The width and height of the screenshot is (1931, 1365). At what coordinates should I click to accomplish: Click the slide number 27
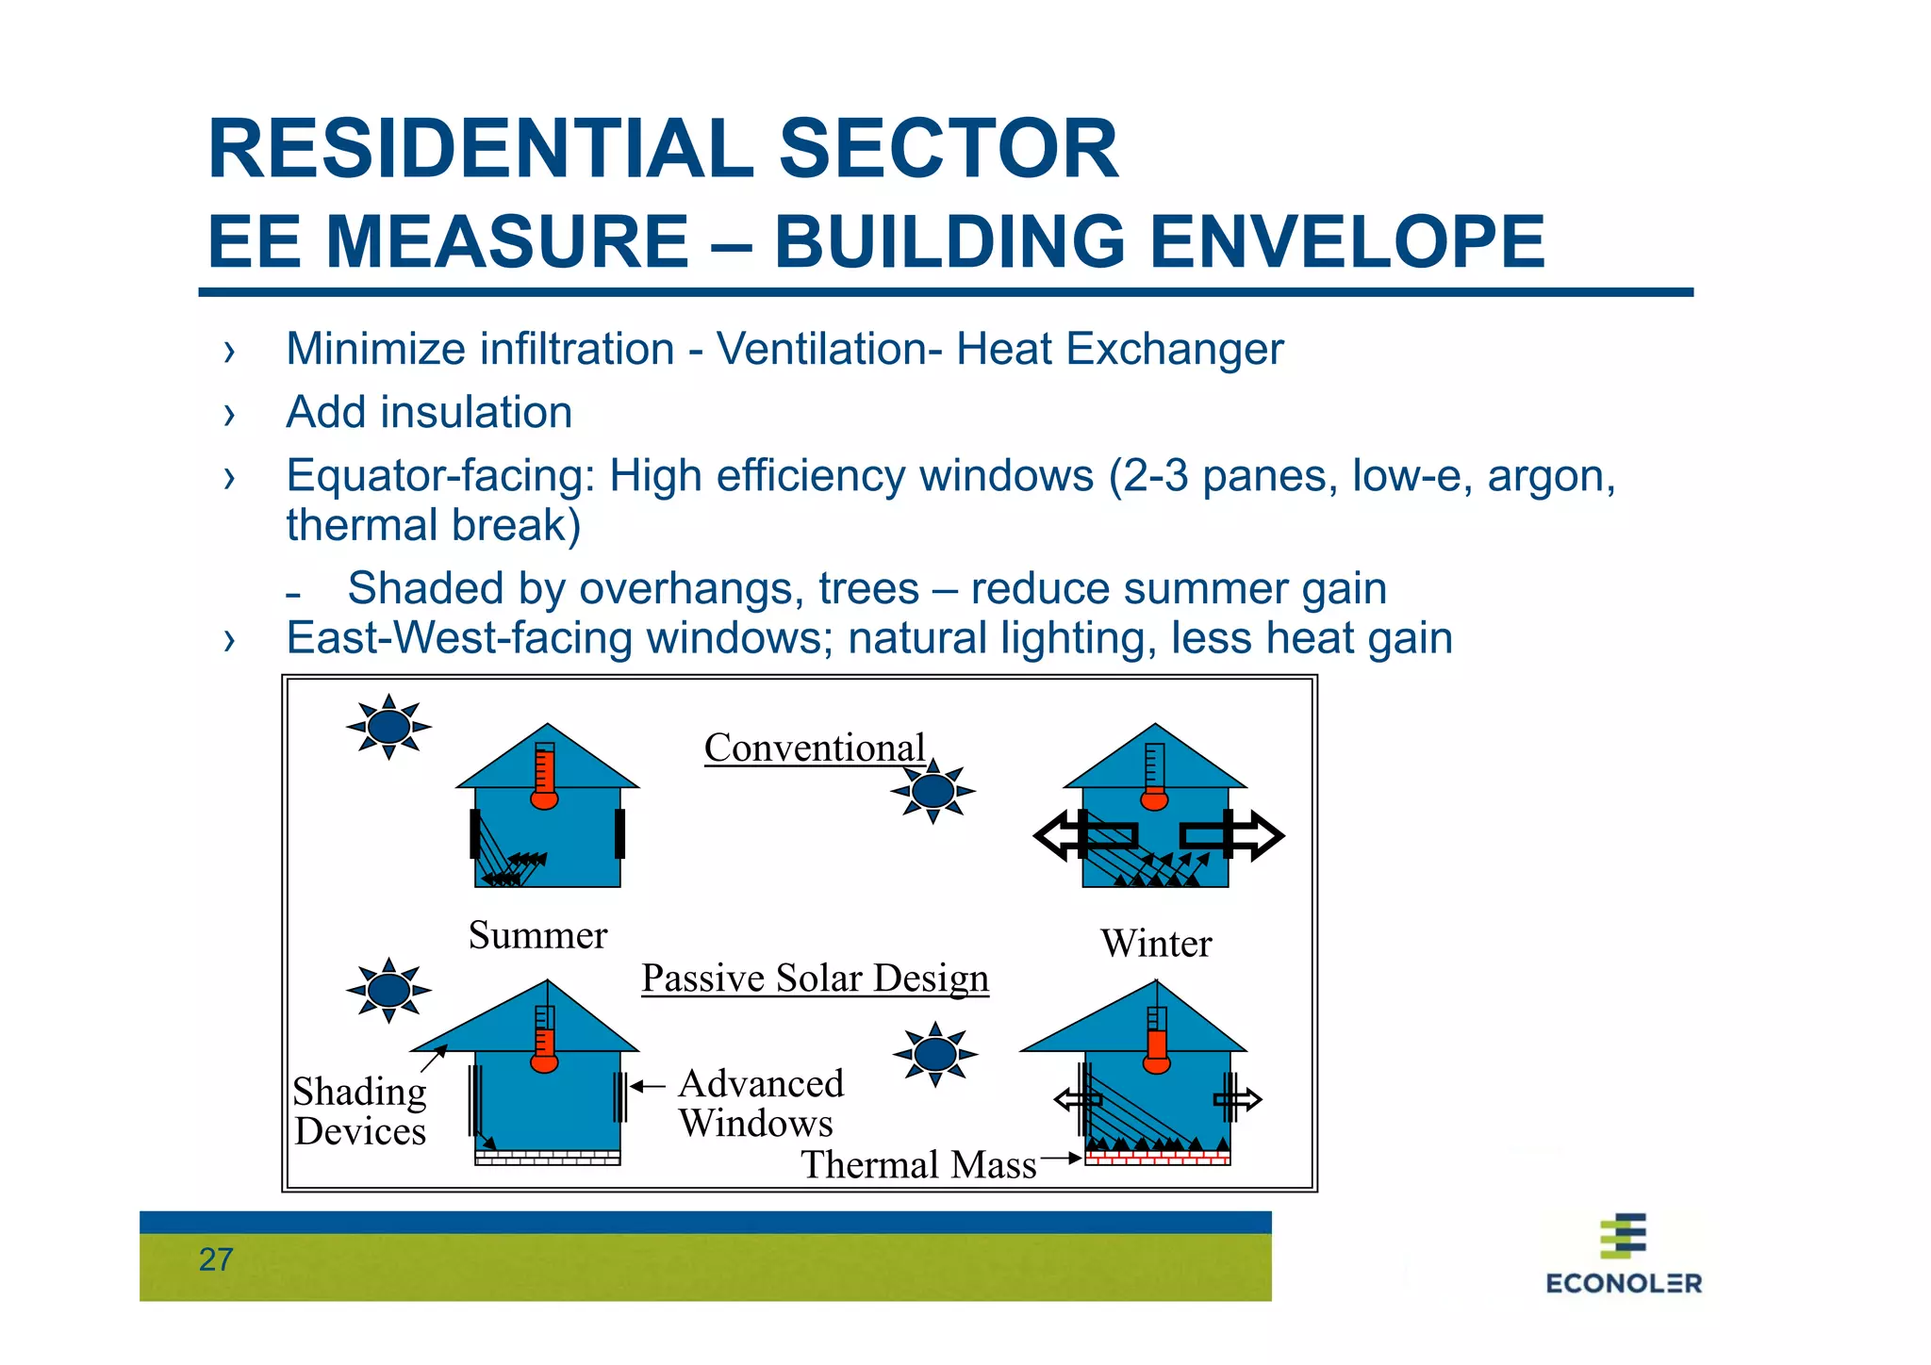216,1259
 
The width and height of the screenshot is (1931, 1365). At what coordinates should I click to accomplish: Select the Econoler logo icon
1623,1236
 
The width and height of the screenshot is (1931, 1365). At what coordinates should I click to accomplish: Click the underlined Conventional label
815,748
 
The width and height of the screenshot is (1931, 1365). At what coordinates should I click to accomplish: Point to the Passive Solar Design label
815,978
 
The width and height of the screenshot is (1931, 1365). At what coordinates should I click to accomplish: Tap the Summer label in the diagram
537,935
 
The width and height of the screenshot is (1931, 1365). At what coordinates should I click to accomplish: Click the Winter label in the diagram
1156,944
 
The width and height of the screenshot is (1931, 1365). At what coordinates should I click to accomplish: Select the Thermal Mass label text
918,1164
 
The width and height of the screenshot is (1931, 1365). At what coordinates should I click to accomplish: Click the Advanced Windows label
760,1103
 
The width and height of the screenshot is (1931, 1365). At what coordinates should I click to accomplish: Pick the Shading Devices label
359,1110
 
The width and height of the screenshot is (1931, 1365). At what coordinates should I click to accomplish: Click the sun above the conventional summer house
388,727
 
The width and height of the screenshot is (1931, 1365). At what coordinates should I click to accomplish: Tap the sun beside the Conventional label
932,791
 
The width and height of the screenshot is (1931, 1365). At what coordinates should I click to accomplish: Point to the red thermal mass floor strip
1157,1156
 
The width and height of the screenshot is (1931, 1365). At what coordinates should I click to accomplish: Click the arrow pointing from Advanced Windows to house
648,1087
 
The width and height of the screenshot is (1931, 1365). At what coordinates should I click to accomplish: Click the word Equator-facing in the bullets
440,476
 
